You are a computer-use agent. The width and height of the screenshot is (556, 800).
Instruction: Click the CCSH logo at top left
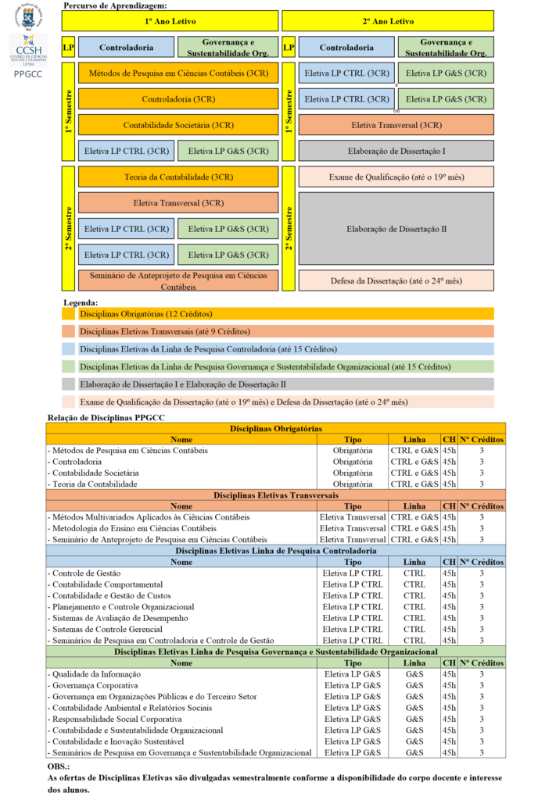click(x=27, y=50)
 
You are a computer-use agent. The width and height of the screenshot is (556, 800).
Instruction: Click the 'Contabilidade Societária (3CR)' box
click(x=178, y=125)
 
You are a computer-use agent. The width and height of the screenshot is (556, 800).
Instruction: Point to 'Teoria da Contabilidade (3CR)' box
click(x=178, y=177)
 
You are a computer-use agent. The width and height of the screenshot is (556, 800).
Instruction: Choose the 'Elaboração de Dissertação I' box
click(x=396, y=151)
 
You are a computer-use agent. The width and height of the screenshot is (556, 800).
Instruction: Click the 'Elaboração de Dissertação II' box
click(x=396, y=229)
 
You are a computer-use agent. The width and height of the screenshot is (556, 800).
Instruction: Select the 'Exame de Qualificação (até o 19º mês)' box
click(x=396, y=177)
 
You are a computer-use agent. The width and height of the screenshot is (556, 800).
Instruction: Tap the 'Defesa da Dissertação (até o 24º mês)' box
click(x=396, y=280)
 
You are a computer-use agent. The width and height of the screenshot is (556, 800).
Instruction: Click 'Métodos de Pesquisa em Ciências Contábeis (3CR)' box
click(x=178, y=73)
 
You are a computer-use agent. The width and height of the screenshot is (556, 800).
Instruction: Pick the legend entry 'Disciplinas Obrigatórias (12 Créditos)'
click(x=145, y=314)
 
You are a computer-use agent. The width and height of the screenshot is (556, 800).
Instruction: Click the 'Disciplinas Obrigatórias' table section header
click(x=275, y=428)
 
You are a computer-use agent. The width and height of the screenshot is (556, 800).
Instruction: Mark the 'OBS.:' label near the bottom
click(x=59, y=767)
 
